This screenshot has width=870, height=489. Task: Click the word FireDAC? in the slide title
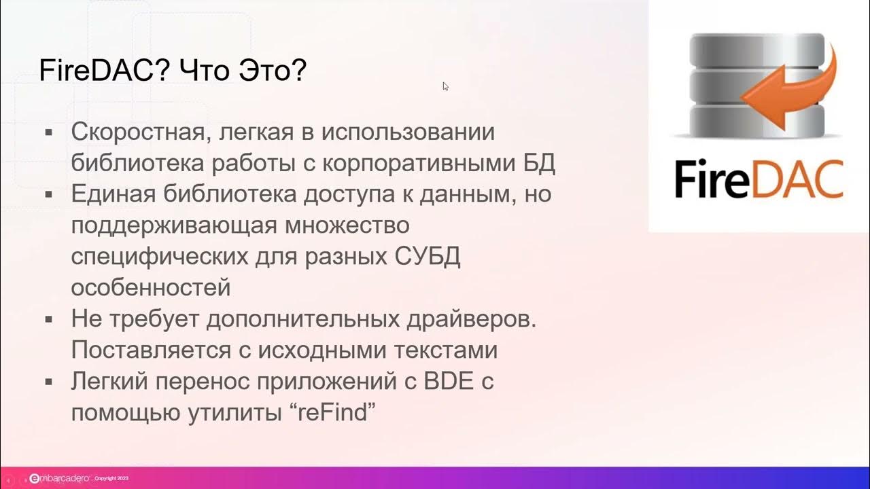[99, 71]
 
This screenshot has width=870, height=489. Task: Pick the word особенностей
[151, 288]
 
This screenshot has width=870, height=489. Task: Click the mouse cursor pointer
[446, 86]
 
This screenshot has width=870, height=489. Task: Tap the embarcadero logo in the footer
[60, 479]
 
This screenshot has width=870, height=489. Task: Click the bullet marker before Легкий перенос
[49, 382]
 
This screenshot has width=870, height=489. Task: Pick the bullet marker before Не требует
[49, 319]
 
